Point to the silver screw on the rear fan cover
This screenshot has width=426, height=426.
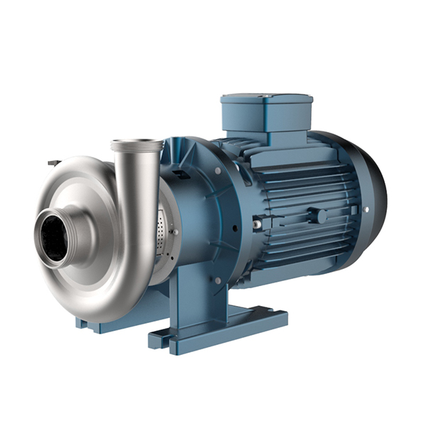click(x=365, y=211)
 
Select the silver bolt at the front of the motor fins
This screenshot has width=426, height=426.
click(x=257, y=224)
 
